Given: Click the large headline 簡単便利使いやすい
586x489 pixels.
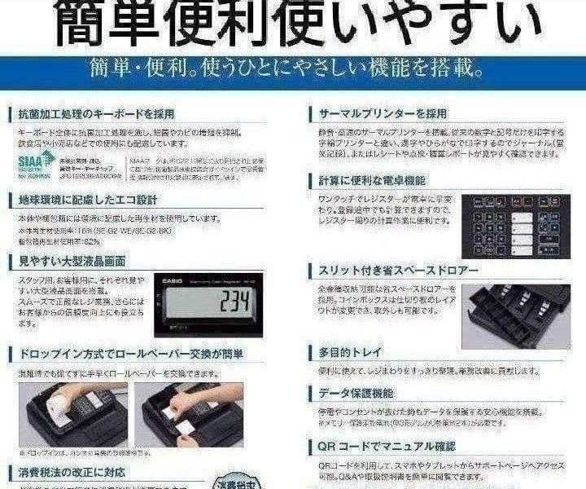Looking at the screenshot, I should point(292,24).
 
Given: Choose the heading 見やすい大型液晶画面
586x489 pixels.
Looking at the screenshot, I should point(72,261).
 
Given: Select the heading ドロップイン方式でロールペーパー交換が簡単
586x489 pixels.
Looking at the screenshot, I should point(130,355).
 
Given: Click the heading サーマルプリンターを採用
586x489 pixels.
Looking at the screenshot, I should point(383,113).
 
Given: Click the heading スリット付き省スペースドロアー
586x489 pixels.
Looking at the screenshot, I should point(398,270).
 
